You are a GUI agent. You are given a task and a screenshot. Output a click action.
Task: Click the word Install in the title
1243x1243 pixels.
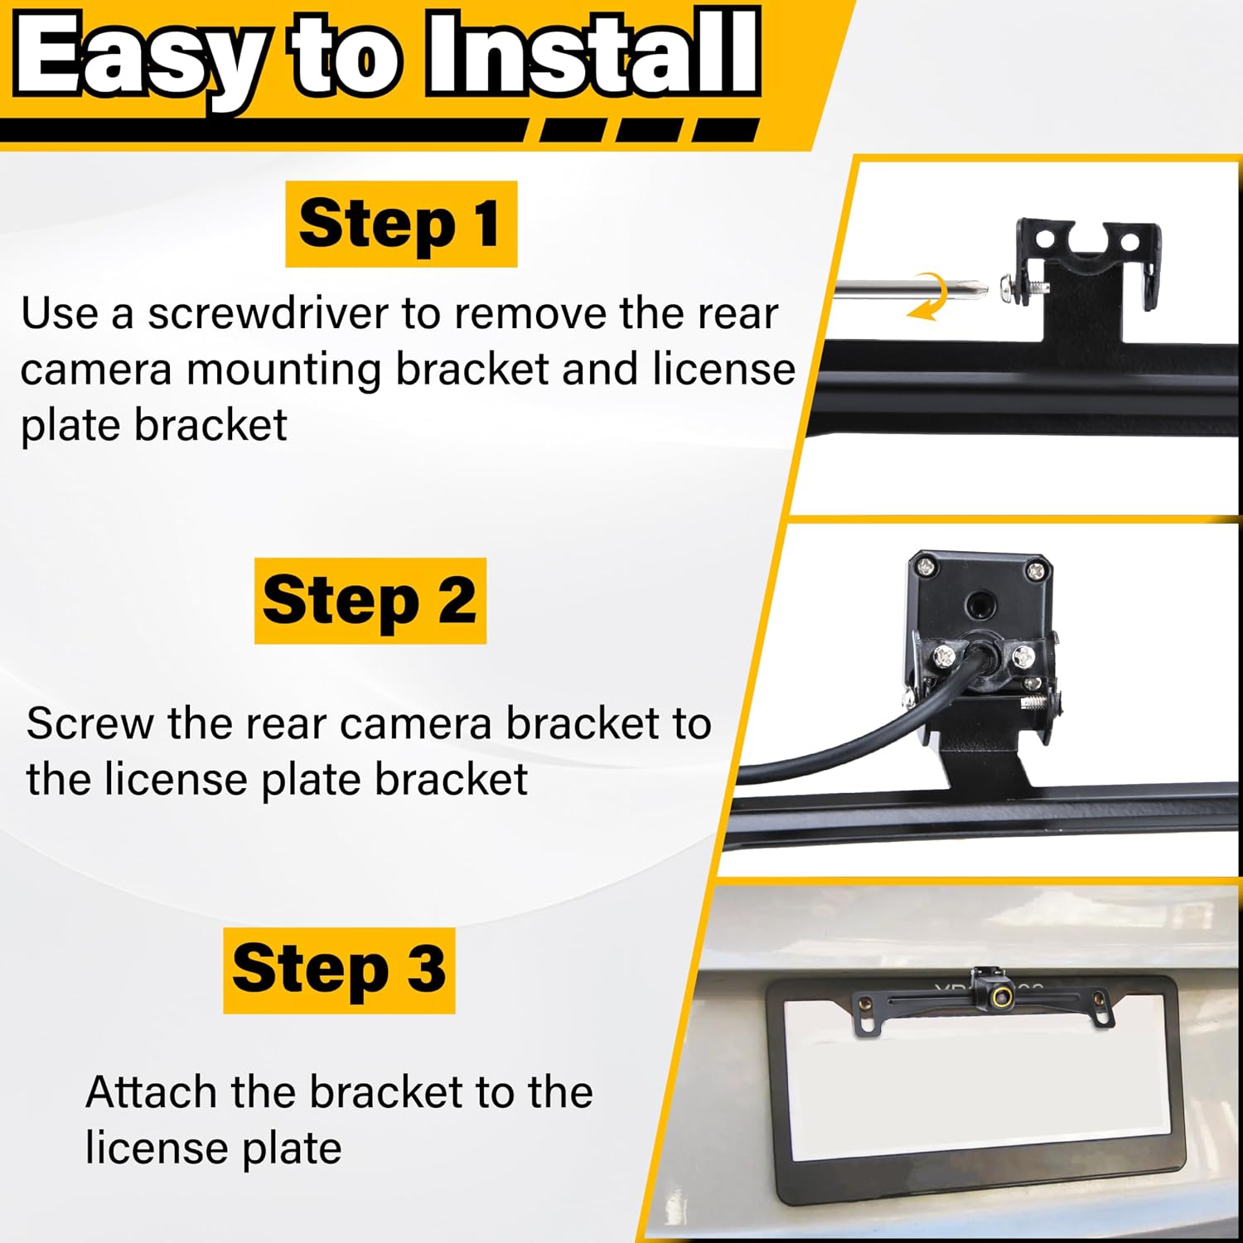point(592,55)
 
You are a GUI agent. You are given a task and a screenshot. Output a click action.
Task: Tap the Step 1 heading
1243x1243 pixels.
point(401,224)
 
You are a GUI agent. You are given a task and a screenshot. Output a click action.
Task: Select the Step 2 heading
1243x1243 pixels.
point(370,601)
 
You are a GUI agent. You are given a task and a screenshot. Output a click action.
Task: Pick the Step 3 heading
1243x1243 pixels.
point(339,970)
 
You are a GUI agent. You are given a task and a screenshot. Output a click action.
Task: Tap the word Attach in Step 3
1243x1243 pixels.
point(152,1092)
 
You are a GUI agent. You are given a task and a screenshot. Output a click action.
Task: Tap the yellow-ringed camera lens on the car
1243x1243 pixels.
point(1003,996)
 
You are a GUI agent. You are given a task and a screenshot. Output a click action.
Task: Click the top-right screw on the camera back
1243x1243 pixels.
point(1035,570)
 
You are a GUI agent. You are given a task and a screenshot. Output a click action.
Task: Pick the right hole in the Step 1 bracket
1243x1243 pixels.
point(1129,243)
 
